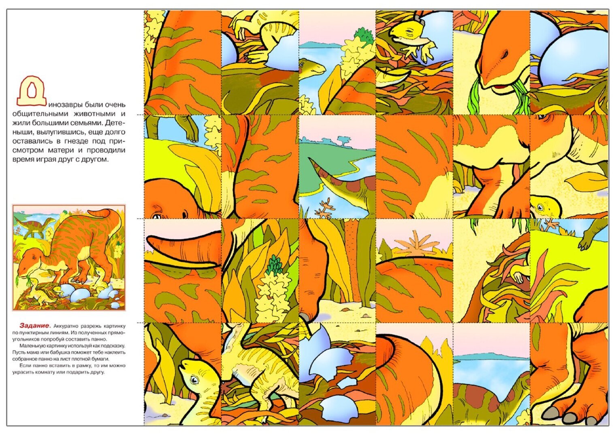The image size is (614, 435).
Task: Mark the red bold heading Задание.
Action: tap(35, 325)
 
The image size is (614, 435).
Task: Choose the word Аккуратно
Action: tap(66, 326)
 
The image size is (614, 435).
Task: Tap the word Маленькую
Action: tap(31, 346)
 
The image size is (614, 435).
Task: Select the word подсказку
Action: tap(114, 346)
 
